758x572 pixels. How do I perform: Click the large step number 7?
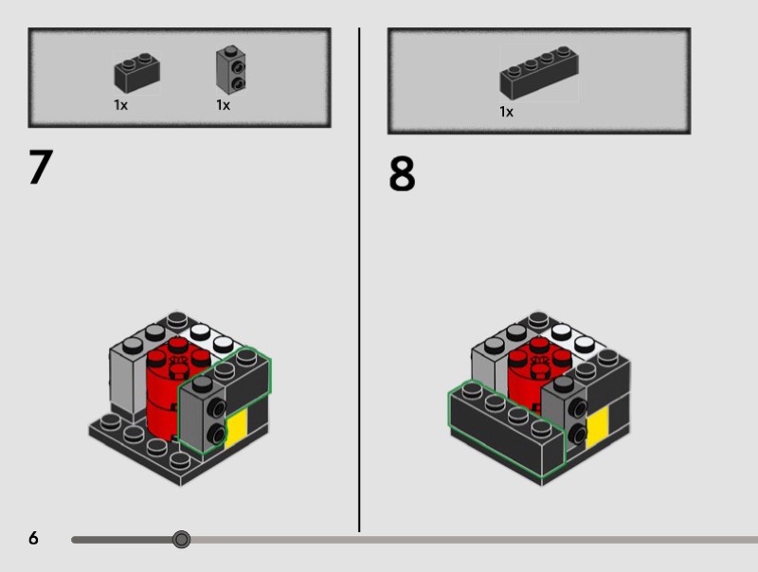[41, 167]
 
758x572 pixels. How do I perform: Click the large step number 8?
[402, 173]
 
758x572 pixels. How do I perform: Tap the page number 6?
[33, 538]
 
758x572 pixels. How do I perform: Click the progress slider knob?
[181, 539]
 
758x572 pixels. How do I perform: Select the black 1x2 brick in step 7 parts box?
[136, 73]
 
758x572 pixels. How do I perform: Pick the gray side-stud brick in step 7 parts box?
[230, 70]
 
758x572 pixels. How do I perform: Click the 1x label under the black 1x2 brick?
[121, 105]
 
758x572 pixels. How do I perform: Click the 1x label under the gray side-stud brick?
[223, 105]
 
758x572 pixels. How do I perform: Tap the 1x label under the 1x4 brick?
[506, 112]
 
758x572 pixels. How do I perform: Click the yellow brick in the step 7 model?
[236, 426]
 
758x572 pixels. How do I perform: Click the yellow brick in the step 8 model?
[597, 426]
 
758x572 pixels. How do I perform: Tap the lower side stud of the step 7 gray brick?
[217, 434]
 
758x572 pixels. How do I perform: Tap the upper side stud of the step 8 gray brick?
[578, 408]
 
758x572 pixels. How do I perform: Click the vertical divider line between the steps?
[359, 280]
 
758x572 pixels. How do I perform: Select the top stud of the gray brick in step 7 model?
[202, 384]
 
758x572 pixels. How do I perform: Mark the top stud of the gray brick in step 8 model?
[563, 384]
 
